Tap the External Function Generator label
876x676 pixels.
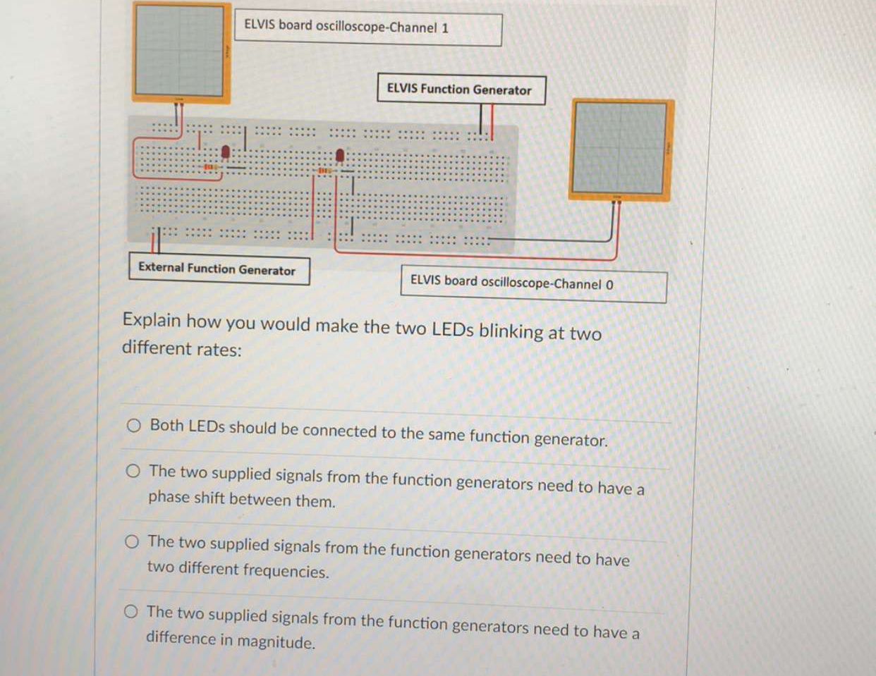(x=218, y=269)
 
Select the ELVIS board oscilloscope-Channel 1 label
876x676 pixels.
(x=367, y=28)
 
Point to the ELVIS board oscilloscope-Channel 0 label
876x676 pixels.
(x=533, y=283)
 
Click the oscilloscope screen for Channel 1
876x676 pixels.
(x=181, y=50)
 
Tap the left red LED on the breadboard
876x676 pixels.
(x=226, y=152)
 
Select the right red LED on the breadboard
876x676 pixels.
(x=340, y=154)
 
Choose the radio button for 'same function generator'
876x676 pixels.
(x=133, y=425)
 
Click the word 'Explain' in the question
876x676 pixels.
(x=152, y=321)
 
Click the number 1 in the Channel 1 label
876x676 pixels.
(x=444, y=29)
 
